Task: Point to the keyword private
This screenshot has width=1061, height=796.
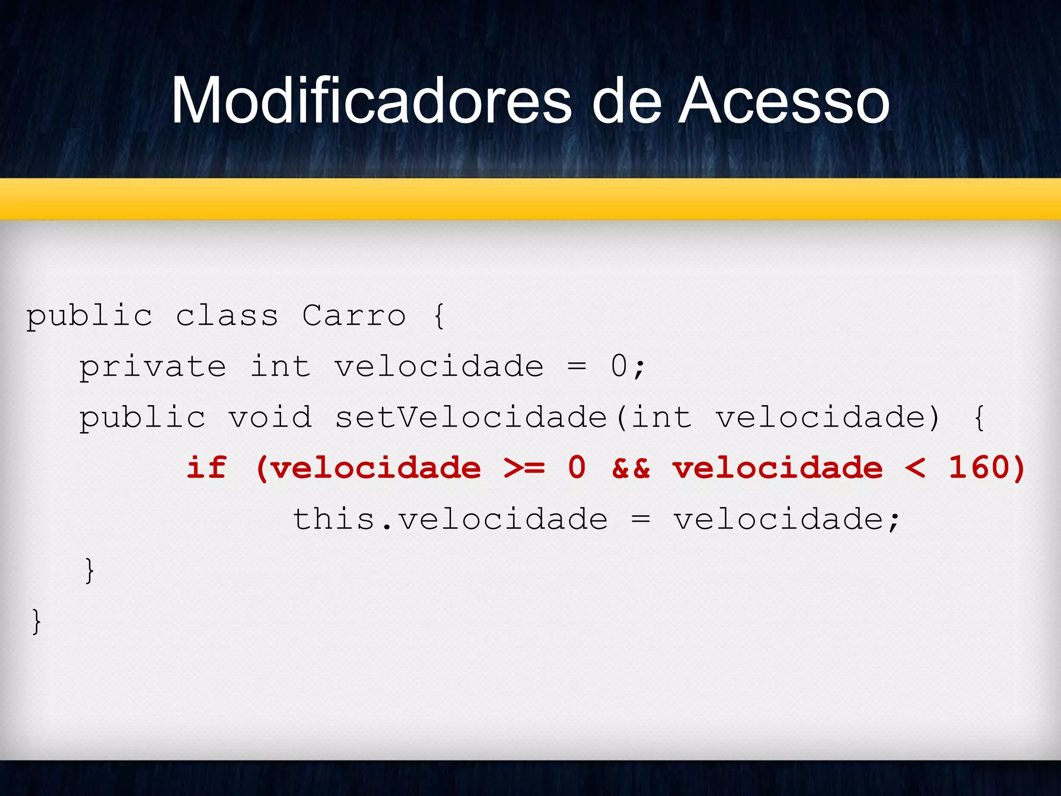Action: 153,366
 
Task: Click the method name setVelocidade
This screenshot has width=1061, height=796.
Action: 471,417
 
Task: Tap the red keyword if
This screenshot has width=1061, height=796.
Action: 206,467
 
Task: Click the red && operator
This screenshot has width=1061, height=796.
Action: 631,467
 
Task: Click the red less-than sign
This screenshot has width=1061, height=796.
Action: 915,468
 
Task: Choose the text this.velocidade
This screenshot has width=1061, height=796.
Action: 450,519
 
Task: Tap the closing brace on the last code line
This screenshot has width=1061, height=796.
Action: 36,621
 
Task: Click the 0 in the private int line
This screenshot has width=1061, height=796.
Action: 619,366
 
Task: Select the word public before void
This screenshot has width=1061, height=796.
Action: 142,417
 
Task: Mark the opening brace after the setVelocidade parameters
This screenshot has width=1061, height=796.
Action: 979,417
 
